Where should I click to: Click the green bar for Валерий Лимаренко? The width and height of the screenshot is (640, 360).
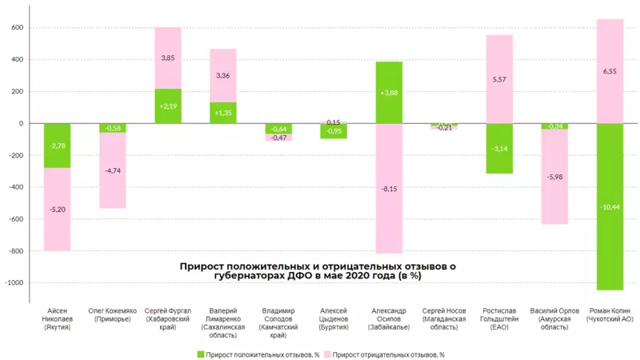tap(223, 113)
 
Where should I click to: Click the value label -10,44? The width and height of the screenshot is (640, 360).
tap(610, 207)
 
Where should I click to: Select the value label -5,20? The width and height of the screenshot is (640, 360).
tap(57, 210)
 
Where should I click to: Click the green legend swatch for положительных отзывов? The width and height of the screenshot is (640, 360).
tap(199, 353)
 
